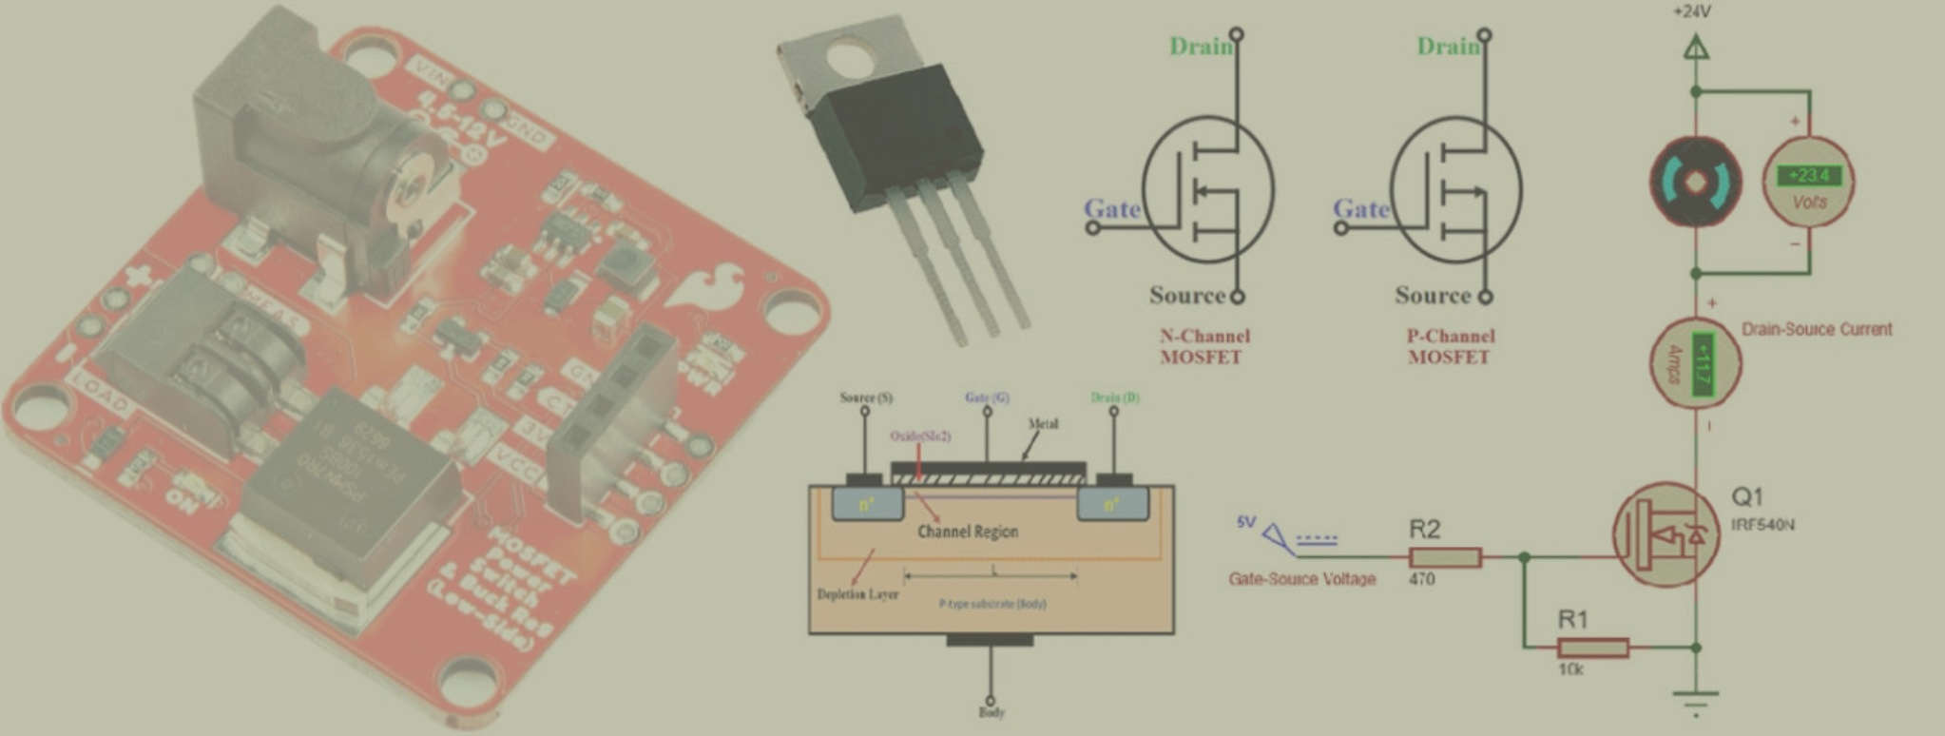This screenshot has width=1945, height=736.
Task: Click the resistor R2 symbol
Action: (1444, 558)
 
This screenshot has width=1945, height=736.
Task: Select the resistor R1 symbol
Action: (1592, 649)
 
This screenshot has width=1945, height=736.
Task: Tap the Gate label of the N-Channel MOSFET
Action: (1112, 208)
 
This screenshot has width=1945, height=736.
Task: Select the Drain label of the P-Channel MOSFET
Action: (1448, 46)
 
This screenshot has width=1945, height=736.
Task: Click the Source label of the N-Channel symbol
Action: (1187, 295)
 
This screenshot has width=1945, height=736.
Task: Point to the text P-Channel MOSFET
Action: (1449, 346)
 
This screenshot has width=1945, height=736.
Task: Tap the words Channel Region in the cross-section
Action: (967, 532)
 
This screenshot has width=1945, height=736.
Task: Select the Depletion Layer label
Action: (857, 594)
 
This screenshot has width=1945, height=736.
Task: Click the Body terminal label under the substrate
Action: (991, 712)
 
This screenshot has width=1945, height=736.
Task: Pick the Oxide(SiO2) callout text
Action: (919, 436)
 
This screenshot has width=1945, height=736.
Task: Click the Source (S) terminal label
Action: (865, 397)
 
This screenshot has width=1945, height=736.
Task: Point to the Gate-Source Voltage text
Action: (1301, 578)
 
